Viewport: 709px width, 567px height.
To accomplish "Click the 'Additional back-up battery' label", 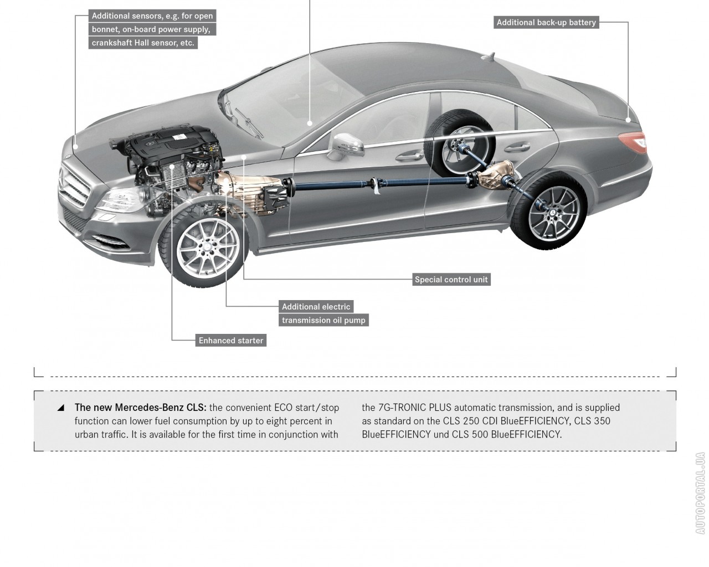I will pos(546,23).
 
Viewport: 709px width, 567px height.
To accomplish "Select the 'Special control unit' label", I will pos(451,280).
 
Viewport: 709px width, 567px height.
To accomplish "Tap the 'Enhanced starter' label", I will pos(231,341).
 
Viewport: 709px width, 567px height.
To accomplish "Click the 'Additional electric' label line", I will pos(316,307).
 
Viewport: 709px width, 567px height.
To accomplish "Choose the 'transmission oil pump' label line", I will pos(323,320).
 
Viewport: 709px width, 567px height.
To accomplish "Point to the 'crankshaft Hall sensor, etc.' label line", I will pos(143,43).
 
